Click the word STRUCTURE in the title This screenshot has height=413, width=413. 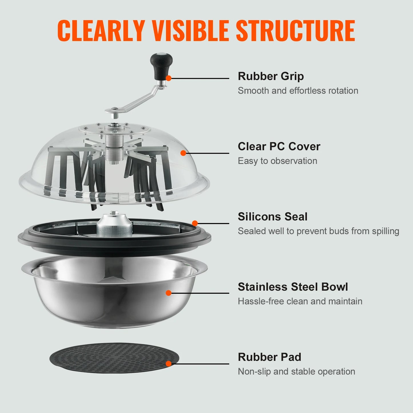295,31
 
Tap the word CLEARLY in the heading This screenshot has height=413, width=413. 101,31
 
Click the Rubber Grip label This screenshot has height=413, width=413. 271,76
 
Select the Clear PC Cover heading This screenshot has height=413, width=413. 279,146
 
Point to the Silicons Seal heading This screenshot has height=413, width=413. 272,217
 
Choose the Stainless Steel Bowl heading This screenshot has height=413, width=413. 293,287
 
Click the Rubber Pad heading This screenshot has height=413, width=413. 269,357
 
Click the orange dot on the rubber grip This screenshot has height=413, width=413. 169,78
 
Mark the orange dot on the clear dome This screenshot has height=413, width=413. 183,153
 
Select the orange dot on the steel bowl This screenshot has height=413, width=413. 169,293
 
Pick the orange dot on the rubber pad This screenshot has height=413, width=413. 169,364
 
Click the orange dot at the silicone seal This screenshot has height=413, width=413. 195,223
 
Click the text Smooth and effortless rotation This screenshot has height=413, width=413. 298,91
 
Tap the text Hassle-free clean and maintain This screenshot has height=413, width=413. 300,301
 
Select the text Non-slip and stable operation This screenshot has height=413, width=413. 296,372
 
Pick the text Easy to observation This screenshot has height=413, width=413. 277,161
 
